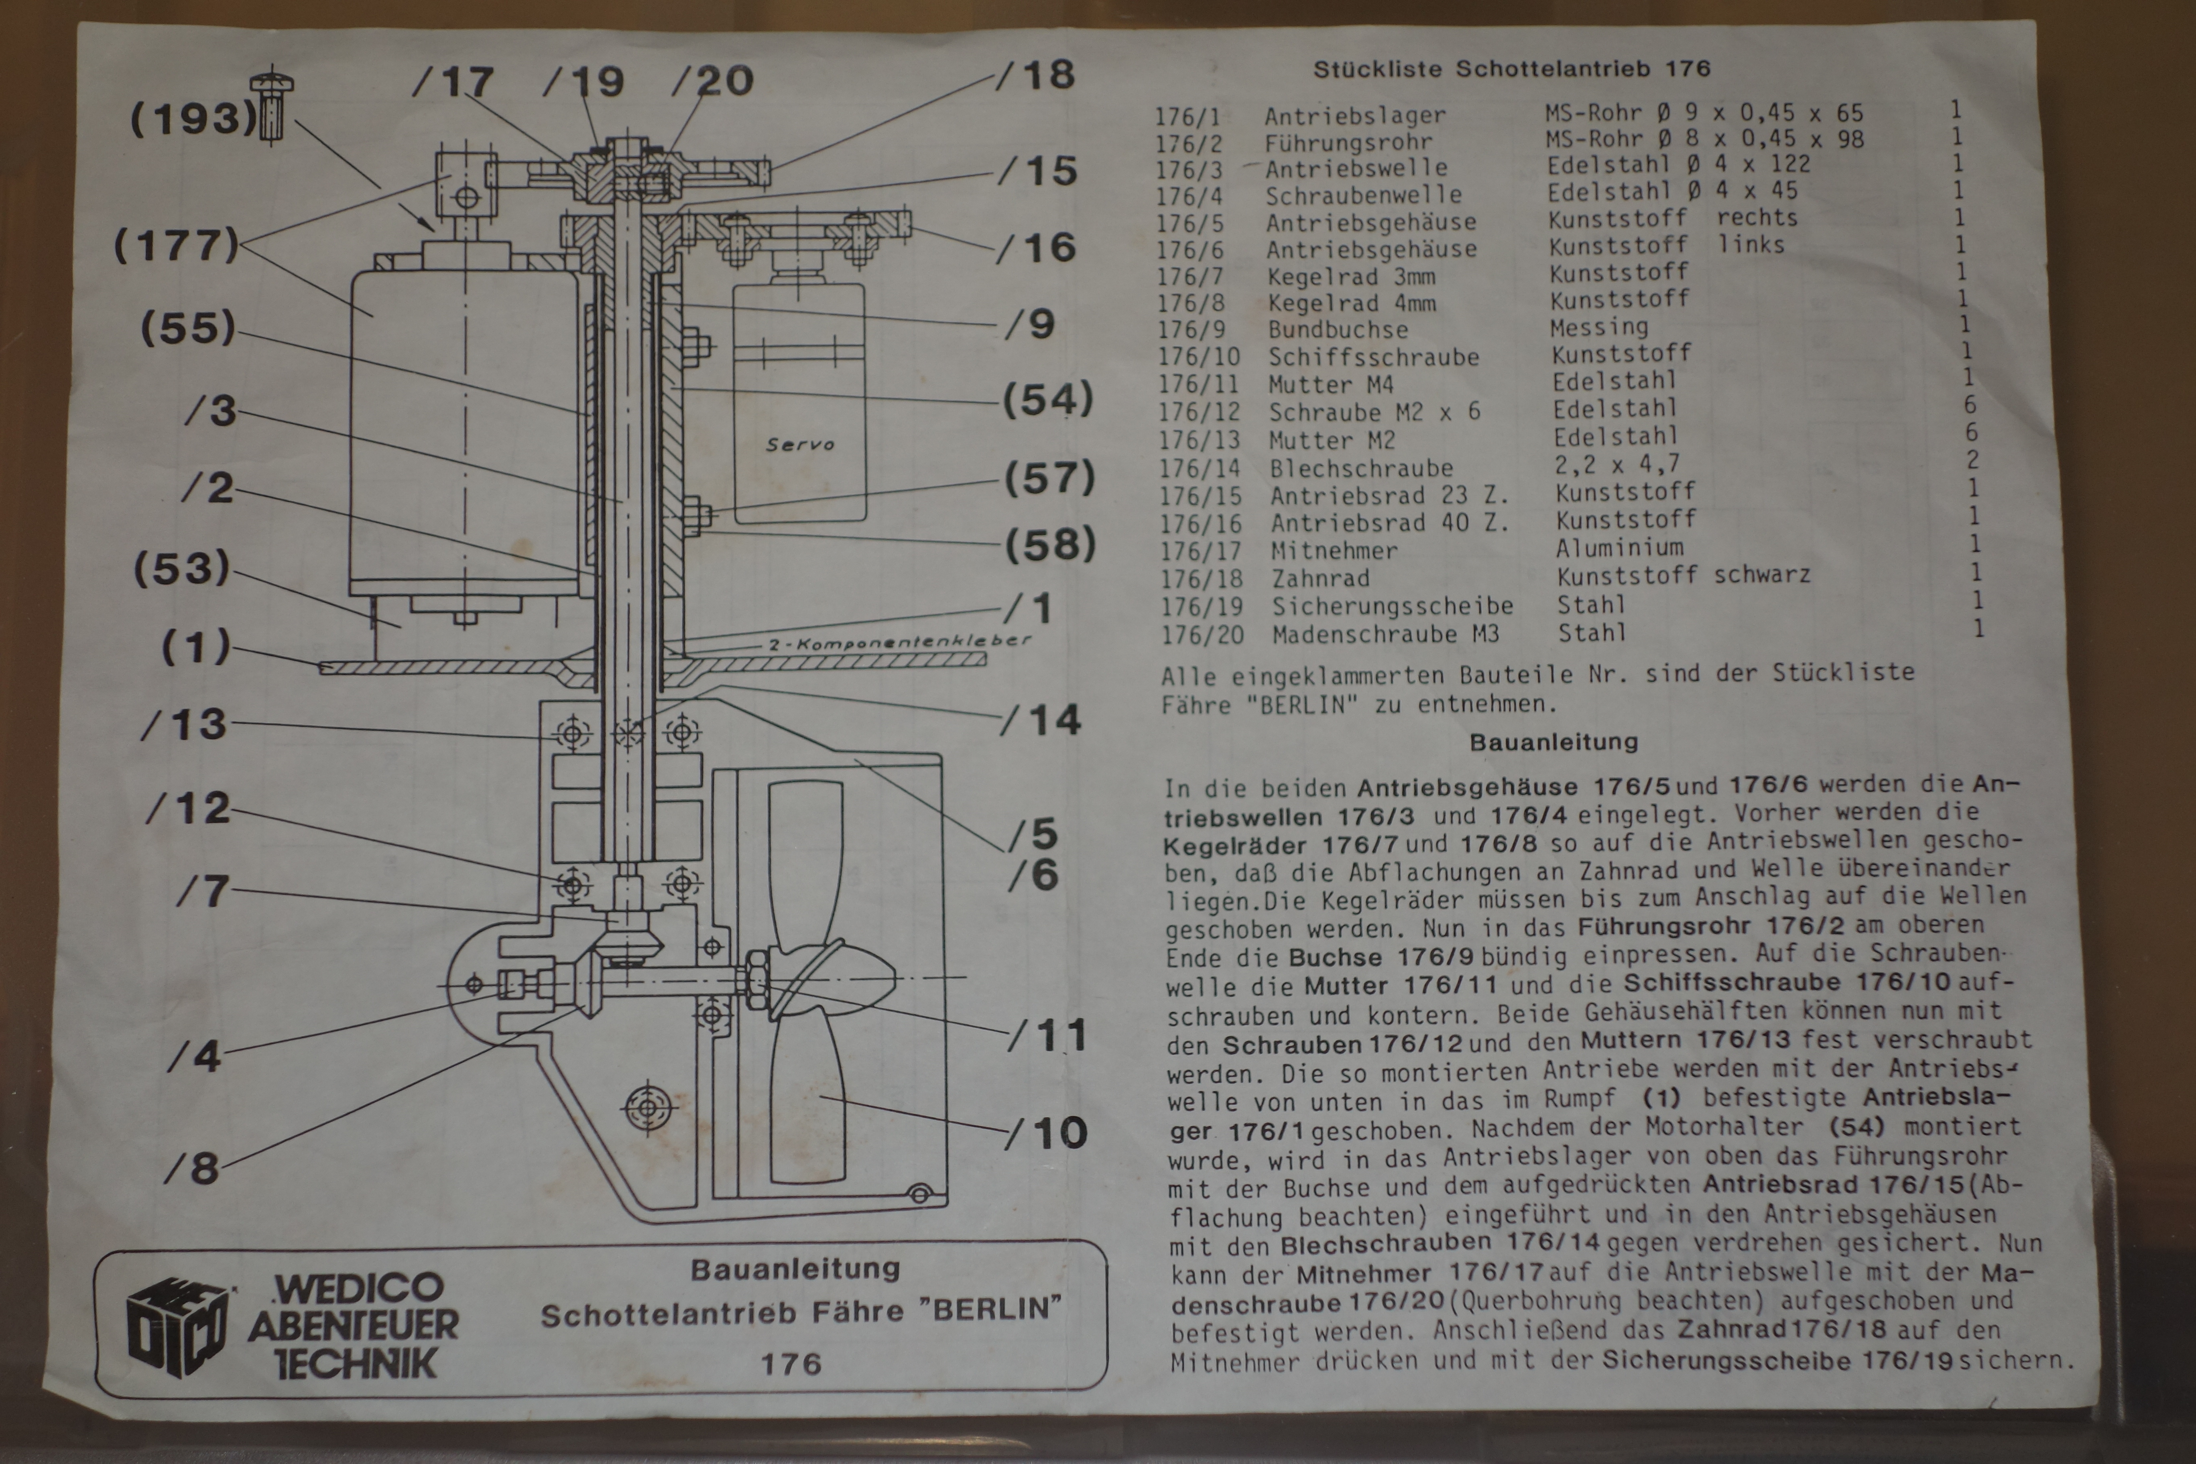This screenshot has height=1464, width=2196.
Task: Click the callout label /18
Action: click(x=1036, y=75)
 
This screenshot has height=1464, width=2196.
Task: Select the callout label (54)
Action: click(x=1047, y=400)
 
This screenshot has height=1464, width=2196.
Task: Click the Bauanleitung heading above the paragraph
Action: click(x=1553, y=742)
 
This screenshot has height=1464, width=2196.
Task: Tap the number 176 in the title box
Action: click(x=791, y=1364)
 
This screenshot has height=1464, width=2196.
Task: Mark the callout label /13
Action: click(x=185, y=724)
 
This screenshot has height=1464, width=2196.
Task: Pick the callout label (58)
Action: click(x=1049, y=544)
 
